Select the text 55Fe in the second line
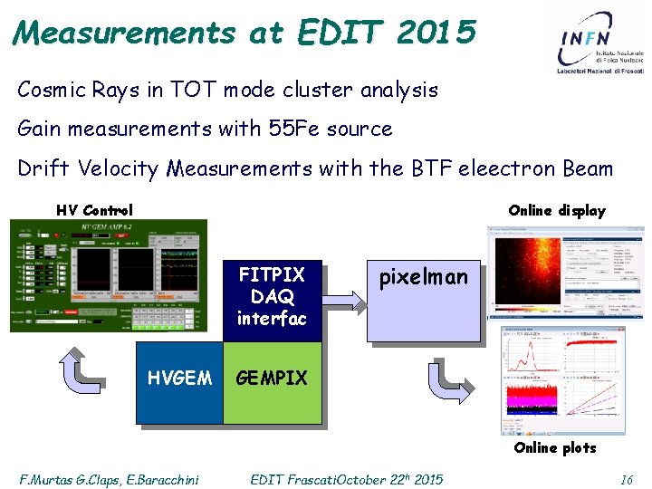pyautogui.click(x=292, y=129)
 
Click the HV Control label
pyautogui.click(x=94, y=210)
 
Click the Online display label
pyautogui.click(x=556, y=210)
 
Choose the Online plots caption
pyautogui.click(x=554, y=447)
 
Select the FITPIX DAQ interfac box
pyautogui.click(x=272, y=295)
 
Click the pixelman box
pyautogui.click(x=423, y=299)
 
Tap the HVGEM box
pyautogui.click(x=179, y=379)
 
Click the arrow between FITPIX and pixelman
pyautogui.click(x=344, y=295)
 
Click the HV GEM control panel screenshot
pyautogui.click(x=108, y=275)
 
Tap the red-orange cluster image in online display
pyautogui.click(x=524, y=272)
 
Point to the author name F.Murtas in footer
pyautogui.click(x=46, y=479)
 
